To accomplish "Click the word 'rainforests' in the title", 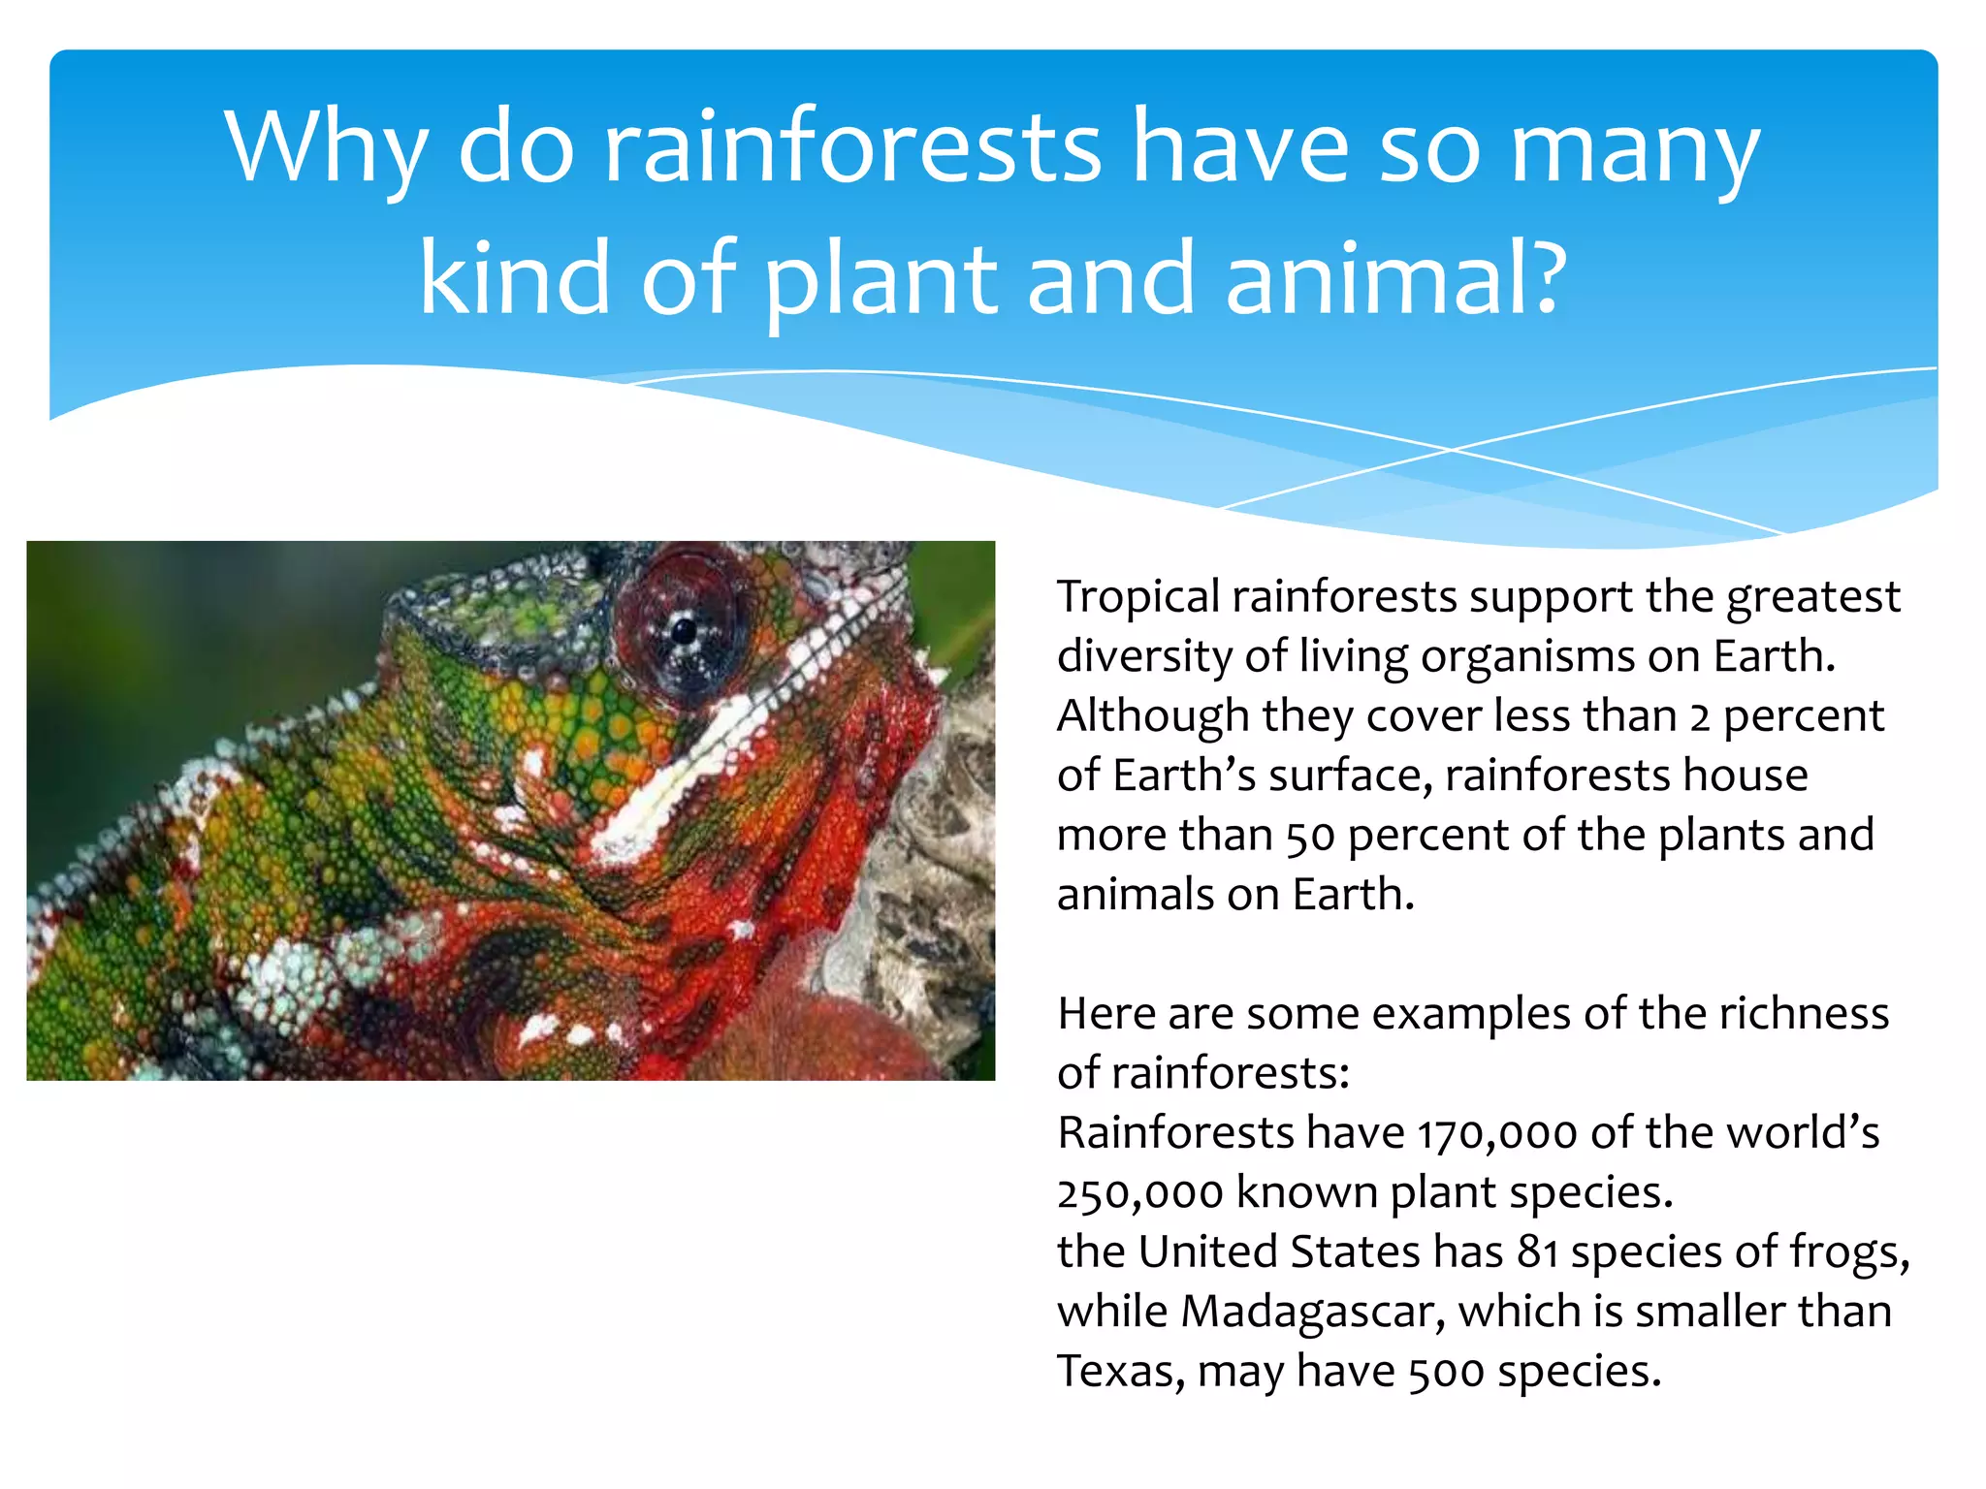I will [x=851, y=147].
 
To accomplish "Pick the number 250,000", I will [x=1139, y=1193].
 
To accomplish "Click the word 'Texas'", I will [x=1120, y=1372].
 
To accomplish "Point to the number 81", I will [x=1537, y=1252].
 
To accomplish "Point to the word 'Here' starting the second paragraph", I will [x=1105, y=1014].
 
